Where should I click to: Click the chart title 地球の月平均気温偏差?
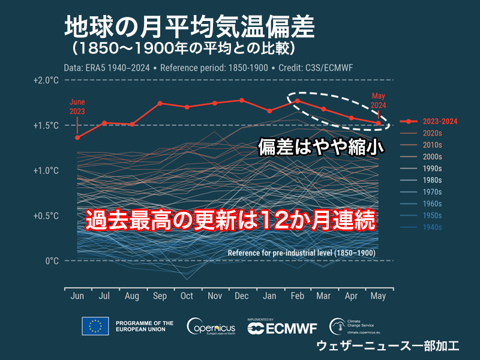tap(189, 28)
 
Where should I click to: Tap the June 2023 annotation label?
tap(77, 106)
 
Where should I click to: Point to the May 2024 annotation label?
tap(379, 100)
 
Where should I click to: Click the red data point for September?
tap(160, 103)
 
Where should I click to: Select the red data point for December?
tap(241, 100)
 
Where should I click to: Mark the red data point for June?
tap(77, 137)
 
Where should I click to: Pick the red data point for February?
tap(296, 101)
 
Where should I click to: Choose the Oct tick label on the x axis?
tap(187, 296)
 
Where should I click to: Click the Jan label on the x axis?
tap(269, 296)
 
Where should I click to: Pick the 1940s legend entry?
tap(432, 227)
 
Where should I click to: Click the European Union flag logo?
tap(95, 326)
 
